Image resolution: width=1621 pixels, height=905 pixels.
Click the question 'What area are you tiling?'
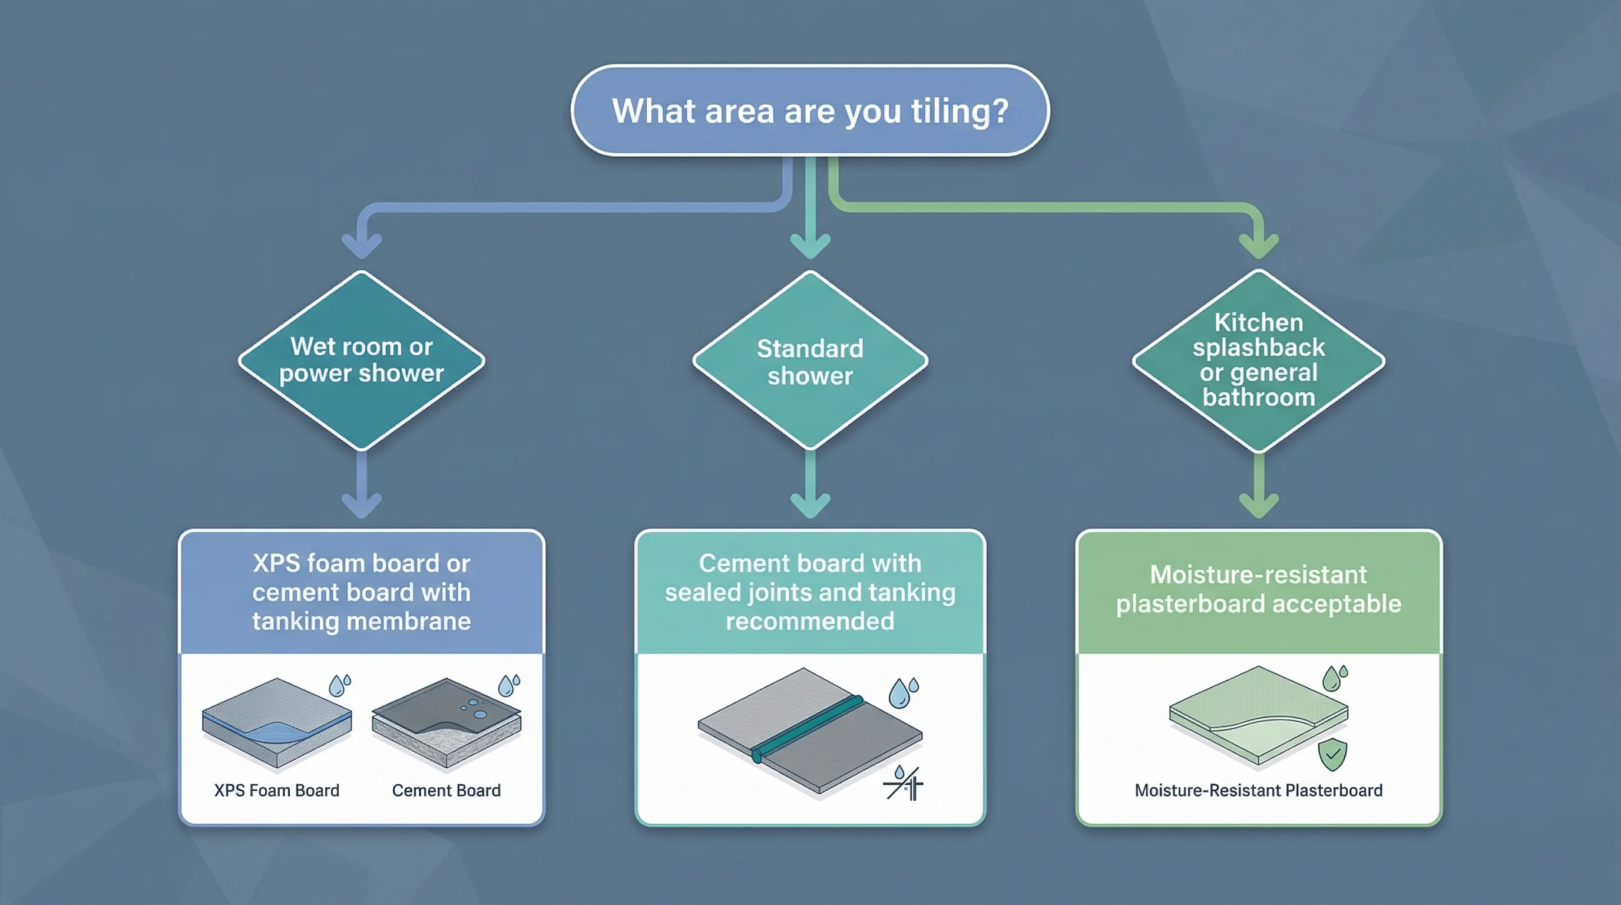tap(810, 111)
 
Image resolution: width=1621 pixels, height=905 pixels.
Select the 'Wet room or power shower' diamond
tap(361, 360)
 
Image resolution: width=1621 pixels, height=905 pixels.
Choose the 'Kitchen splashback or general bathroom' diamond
tap(1259, 360)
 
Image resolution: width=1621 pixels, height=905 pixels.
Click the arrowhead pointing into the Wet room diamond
tap(362, 246)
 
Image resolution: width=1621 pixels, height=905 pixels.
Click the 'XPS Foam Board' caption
tap(277, 791)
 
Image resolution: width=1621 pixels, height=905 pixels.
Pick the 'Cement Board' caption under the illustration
tap(446, 791)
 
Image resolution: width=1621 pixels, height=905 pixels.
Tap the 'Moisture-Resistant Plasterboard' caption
tap(1259, 791)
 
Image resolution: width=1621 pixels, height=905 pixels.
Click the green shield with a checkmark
tap(1332, 755)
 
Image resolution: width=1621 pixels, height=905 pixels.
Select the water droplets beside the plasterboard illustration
tap(1334, 678)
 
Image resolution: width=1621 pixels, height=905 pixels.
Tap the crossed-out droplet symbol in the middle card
tap(904, 784)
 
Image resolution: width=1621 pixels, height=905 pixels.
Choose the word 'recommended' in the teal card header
tap(810, 621)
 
